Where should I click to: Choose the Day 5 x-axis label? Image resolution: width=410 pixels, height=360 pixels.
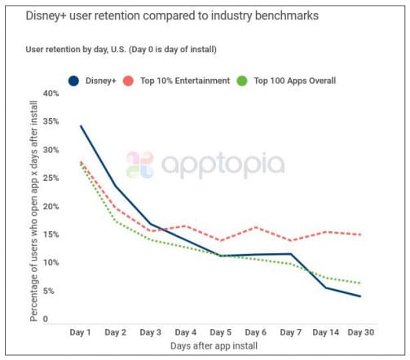click(221, 332)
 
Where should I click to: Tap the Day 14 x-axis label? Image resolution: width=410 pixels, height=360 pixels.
click(325, 332)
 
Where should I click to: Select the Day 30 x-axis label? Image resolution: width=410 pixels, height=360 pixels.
click(360, 332)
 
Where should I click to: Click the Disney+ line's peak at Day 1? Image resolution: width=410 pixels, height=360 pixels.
click(81, 126)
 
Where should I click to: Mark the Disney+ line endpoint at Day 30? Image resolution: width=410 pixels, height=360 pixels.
click(360, 296)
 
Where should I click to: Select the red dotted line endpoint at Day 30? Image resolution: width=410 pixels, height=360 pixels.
click(360, 235)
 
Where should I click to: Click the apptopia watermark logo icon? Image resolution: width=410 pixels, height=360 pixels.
click(139, 165)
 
